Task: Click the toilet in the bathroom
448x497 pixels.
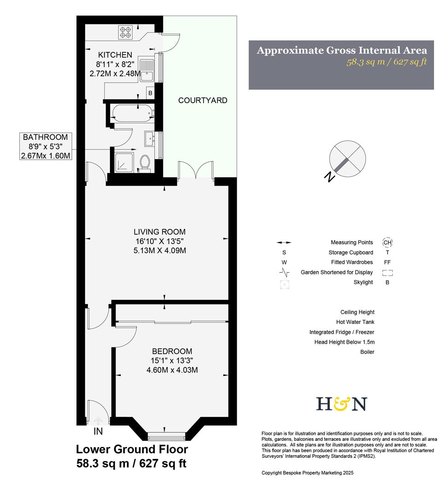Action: coord(145,162)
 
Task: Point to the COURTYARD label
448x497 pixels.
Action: coord(203,100)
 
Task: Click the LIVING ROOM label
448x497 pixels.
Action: coord(157,232)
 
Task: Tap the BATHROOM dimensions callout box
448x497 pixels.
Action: coord(46,146)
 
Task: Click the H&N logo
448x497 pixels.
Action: coord(341,404)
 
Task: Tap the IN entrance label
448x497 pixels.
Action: coord(98,432)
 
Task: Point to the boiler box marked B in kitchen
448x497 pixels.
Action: coord(150,93)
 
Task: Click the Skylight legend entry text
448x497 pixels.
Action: coord(363,283)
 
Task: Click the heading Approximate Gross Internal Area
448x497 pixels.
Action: coord(342,50)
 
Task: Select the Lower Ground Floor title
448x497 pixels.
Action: coord(132,449)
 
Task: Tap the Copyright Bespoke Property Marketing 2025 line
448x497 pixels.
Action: coord(308,473)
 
